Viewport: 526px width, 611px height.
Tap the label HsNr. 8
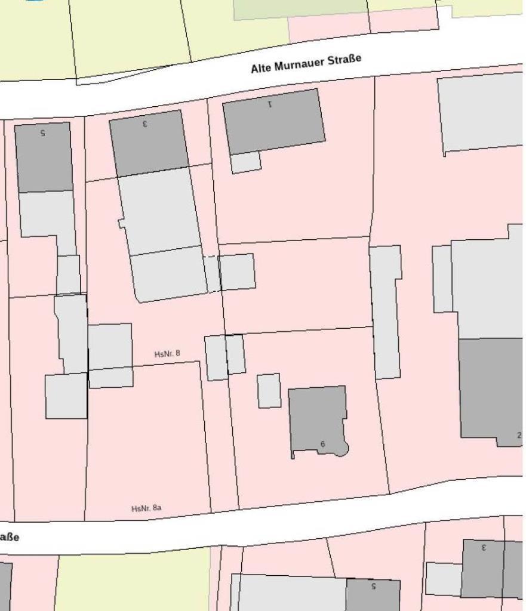click(167, 354)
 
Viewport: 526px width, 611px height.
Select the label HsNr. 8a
click(146, 508)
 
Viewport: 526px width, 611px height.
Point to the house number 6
click(322, 444)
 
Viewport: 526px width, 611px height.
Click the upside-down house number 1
click(270, 104)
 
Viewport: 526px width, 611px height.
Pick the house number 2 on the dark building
click(519, 436)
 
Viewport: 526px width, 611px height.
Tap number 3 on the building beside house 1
click(145, 124)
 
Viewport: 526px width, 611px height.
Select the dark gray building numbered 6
click(316, 418)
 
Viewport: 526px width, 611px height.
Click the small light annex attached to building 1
click(246, 162)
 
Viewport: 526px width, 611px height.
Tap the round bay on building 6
click(341, 449)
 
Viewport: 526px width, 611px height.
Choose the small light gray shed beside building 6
click(269, 391)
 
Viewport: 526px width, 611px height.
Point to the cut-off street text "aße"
click(8, 537)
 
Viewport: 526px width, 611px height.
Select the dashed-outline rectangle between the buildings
click(212, 274)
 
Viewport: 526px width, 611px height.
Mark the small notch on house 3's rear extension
click(121, 224)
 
